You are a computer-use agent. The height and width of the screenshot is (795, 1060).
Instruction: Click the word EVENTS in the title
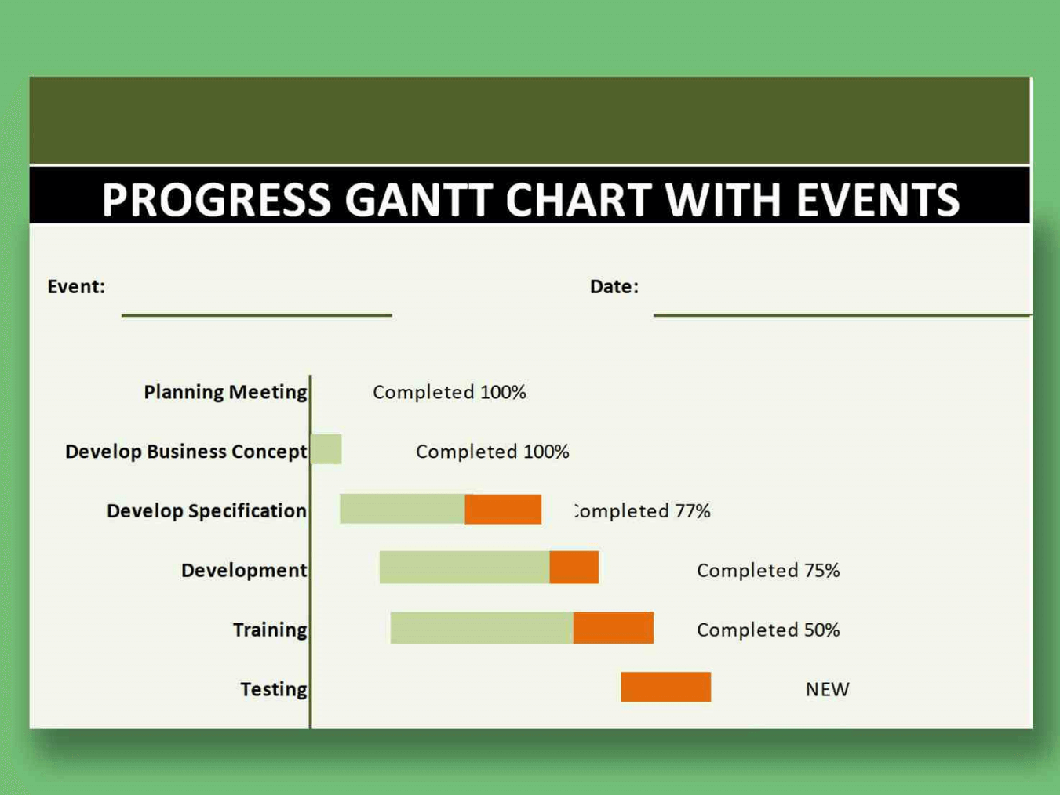point(877,199)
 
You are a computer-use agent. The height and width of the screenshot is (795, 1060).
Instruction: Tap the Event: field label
point(76,286)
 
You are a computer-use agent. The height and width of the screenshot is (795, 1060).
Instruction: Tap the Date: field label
point(614,286)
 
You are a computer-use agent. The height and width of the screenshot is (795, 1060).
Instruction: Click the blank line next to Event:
point(257,315)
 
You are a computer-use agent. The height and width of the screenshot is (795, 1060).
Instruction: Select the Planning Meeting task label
point(225,392)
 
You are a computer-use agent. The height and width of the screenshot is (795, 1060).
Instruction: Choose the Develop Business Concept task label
point(186,452)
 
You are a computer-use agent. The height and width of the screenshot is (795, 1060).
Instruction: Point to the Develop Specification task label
point(206,511)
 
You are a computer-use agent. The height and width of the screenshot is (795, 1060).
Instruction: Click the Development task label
point(244,570)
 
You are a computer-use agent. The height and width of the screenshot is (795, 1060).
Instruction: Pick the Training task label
point(270,630)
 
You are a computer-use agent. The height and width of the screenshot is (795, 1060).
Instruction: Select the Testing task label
point(274,689)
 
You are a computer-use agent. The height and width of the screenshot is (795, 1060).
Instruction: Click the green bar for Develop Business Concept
point(326,449)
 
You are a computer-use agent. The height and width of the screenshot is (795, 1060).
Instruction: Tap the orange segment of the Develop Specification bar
point(503,509)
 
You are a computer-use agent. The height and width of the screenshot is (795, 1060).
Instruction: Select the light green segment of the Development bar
point(464,568)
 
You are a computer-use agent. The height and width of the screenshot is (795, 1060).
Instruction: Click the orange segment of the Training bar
point(614,627)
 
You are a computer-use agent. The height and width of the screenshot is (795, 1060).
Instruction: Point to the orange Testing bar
point(666,687)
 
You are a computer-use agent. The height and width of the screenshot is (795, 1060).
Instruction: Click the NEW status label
point(827,689)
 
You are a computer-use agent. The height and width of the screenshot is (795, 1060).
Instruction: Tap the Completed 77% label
point(642,511)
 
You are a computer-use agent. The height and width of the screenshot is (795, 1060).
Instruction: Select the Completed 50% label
point(768,630)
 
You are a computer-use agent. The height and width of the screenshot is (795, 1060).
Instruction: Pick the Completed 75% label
point(768,571)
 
